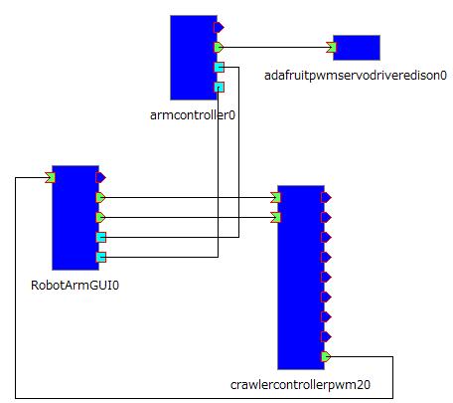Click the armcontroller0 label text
(193, 115)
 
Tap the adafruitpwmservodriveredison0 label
(356, 76)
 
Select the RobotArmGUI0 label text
(75, 286)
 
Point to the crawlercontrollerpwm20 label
(300, 385)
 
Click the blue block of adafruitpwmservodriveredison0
(357, 48)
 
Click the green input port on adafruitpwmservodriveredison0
(331, 48)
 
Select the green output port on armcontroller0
(219, 48)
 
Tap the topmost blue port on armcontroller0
(219, 27)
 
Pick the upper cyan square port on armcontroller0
(219, 68)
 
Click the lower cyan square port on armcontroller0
(219, 88)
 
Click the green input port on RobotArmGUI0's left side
(50, 177)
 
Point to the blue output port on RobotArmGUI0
(100, 177)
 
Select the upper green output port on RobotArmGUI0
(100, 197)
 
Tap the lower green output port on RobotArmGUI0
(100, 217)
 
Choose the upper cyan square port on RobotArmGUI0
(101, 237)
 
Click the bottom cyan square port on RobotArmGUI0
(101, 257)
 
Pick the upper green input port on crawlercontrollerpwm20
(275, 197)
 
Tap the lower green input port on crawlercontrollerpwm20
(275, 217)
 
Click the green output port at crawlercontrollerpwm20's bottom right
(326, 356)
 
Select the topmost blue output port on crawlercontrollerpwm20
(326, 197)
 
